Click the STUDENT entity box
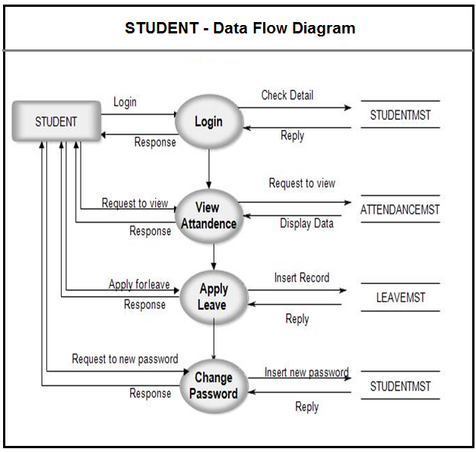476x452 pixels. [56, 122]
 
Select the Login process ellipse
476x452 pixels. [208, 122]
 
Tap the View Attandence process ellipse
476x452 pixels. [208, 215]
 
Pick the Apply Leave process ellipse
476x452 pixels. [213, 297]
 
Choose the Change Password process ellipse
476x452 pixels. [214, 386]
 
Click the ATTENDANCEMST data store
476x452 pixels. [400, 210]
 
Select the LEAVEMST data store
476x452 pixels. [401, 298]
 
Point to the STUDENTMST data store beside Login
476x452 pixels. [400, 115]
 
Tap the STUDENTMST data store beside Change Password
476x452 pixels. [400, 386]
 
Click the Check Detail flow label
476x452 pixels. [287, 95]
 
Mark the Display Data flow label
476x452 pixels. [306, 223]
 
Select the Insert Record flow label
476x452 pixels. [302, 278]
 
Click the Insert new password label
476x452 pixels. [306, 372]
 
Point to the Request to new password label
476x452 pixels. [125, 359]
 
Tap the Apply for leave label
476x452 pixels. [139, 285]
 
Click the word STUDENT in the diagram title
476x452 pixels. [161, 29]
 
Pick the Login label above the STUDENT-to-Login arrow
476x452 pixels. [125, 102]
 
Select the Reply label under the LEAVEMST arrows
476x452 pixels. [297, 319]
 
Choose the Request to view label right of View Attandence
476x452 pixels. [302, 183]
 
